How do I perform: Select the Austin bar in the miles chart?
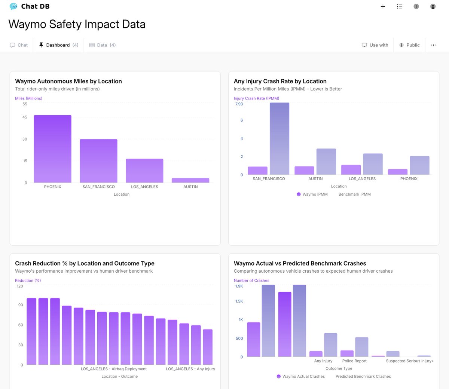(190, 180)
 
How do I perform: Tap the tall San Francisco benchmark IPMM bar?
(280, 138)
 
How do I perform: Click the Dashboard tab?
(58, 45)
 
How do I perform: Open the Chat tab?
(19, 45)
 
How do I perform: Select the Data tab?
(103, 45)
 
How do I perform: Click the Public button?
(409, 45)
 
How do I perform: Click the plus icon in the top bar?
(383, 6)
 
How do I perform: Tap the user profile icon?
(433, 6)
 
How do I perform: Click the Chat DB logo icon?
(13, 6)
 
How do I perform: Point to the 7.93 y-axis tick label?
(239, 104)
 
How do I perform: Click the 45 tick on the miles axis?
(25, 117)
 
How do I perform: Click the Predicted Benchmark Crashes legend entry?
(363, 376)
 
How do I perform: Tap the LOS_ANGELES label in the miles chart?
(144, 187)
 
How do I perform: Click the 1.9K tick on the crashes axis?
(239, 286)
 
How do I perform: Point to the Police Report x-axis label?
(354, 361)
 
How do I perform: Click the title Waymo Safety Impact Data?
(77, 24)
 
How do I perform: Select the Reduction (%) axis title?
(28, 281)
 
